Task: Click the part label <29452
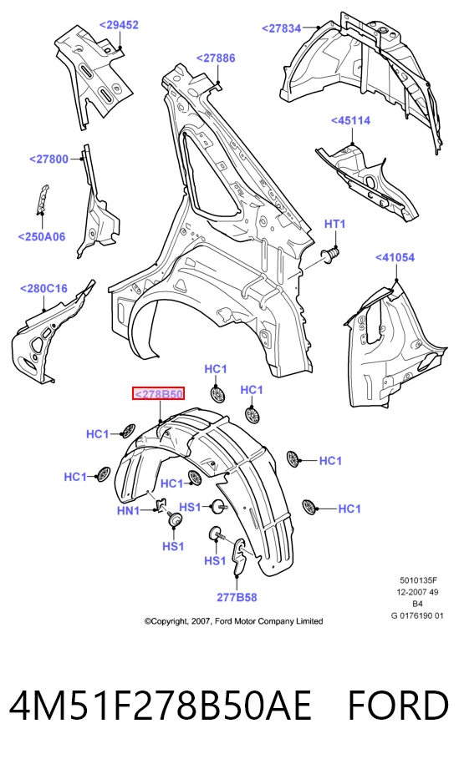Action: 119,25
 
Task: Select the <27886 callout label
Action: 216,58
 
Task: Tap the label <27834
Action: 282,28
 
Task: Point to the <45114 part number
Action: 350,120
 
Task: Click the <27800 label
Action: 48,159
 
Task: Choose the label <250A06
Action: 42,237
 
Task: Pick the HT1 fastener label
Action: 335,224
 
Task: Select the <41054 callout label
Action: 395,257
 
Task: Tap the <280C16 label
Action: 43,288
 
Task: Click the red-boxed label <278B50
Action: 159,394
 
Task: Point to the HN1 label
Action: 128,511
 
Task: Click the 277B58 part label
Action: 237,597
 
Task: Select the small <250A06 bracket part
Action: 43,199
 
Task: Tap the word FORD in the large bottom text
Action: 398,705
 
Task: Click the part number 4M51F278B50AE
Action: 161,705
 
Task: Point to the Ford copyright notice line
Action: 233,621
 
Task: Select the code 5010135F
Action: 419,580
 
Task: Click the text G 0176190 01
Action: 417,615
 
